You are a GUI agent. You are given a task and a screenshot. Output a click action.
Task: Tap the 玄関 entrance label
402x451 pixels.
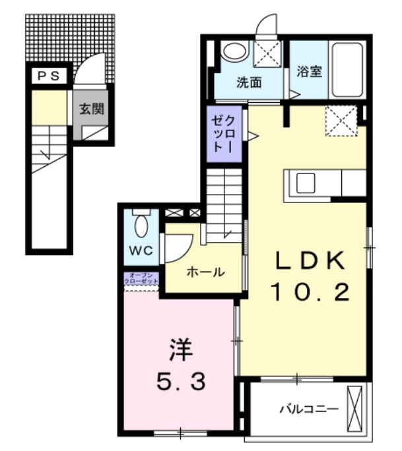(x=92, y=109)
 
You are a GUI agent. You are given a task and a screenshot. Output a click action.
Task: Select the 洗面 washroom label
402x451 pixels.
(x=250, y=82)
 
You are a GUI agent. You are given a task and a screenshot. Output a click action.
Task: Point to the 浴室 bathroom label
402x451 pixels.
(x=309, y=71)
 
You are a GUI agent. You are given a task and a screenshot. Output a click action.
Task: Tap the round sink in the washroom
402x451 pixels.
(x=232, y=51)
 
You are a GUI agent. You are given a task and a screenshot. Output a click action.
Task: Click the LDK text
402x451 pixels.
(x=310, y=262)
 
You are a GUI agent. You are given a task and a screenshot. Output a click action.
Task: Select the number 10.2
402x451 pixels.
(x=310, y=290)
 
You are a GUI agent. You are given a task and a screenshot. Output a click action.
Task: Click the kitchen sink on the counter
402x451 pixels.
(x=306, y=183)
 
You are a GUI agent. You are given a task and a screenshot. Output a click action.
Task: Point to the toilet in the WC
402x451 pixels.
(x=141, y=225)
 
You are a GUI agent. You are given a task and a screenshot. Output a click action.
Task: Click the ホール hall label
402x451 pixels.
(x=205, y=272)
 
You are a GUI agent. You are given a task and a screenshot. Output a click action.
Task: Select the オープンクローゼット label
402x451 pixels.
(x=142, y=279)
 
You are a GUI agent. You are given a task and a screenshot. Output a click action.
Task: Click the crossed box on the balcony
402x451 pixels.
(x=356, y=409)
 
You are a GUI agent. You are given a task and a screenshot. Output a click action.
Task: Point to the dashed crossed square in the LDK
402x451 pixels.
(x=341, y=121)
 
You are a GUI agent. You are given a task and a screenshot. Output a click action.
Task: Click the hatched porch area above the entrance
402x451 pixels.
(x=69, y=36)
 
